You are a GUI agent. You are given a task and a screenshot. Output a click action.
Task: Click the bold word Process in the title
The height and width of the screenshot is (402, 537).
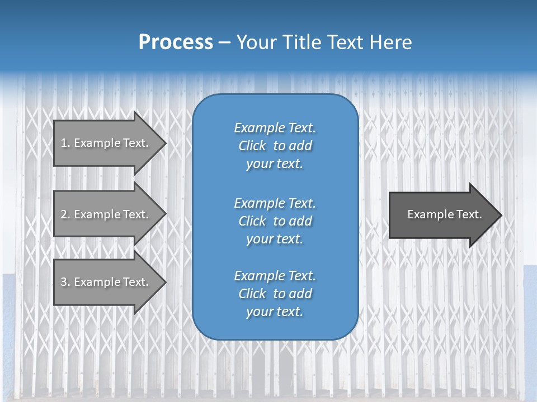(176, 42)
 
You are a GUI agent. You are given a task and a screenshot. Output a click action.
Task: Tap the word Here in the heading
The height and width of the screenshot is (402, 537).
(390, 42)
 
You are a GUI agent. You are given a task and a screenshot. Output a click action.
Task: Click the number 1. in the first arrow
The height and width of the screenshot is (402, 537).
(65, 143)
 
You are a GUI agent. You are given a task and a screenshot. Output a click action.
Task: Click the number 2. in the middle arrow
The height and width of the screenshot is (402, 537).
(65, 214)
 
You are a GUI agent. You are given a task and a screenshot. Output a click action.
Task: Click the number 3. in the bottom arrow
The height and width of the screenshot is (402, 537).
(65, 282)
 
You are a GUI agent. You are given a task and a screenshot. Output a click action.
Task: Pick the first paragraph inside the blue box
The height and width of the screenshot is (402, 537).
(275, 146)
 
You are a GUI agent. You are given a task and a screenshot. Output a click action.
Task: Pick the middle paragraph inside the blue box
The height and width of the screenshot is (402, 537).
(275, 221)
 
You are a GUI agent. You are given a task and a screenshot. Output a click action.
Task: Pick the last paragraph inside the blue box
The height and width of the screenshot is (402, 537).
(275, 294)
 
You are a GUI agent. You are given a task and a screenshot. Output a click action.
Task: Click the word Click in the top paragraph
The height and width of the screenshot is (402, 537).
(252, 146)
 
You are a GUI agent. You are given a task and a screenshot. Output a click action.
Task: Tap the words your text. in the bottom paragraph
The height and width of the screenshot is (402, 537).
(275, 312)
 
